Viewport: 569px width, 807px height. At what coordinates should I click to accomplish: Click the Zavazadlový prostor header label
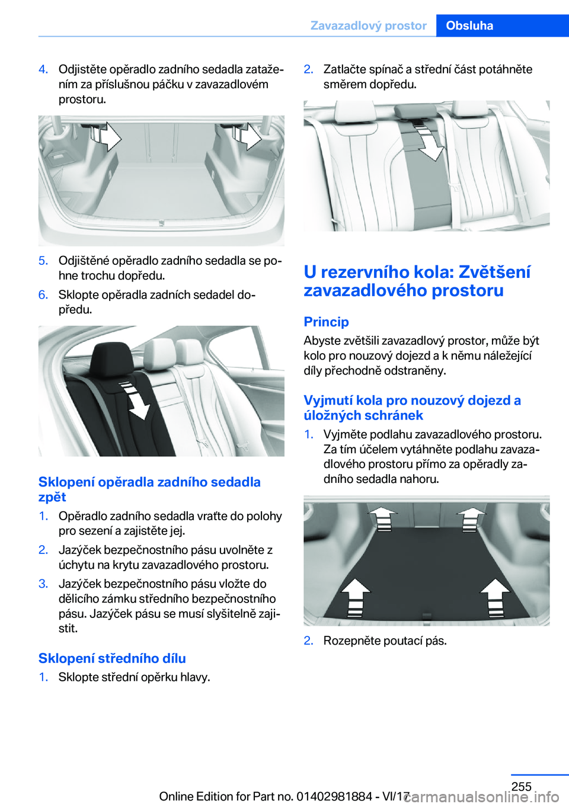368,25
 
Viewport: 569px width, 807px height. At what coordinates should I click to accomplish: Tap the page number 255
521,786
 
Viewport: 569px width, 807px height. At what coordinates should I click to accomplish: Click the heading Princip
326,321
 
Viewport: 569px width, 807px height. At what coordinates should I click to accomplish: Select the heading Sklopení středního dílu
112,658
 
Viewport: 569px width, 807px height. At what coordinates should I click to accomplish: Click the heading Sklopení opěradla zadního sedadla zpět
149,489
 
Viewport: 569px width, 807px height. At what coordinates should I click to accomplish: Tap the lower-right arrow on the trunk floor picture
495,598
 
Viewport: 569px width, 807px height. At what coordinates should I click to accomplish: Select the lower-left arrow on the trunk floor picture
356,598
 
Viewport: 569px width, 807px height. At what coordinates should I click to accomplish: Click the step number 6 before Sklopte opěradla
43,294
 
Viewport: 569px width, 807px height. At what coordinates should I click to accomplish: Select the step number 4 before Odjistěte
43,69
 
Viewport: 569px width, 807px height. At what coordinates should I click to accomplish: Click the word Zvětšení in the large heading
495,273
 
